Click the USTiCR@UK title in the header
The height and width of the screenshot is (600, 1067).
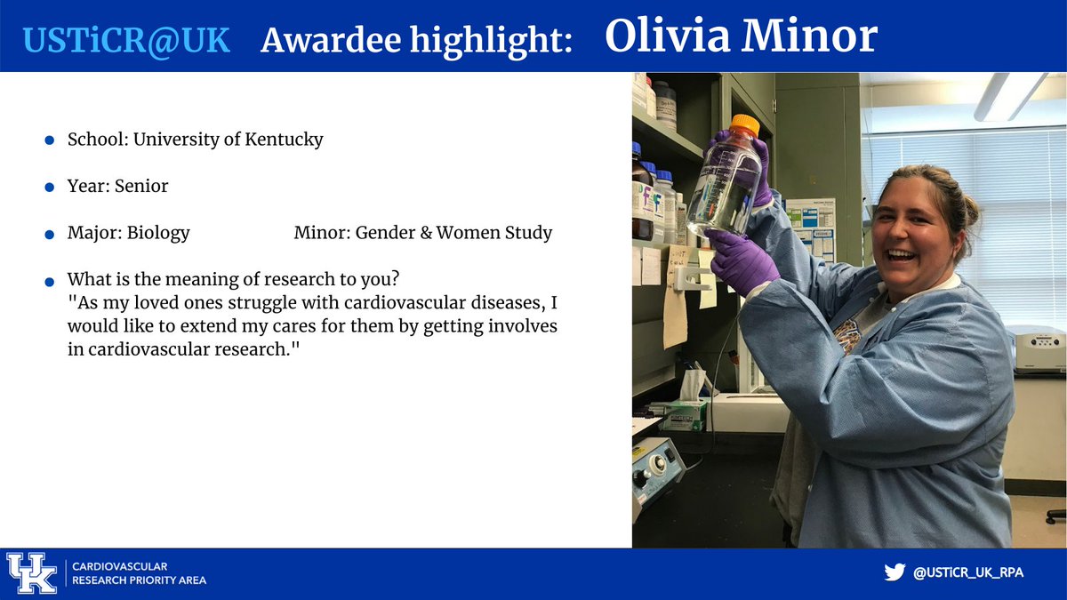pos(126,39)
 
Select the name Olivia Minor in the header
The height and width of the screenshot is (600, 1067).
pos(741,36)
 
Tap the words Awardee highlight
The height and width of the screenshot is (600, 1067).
pos(416,40)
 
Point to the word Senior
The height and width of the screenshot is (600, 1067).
pos(141,186)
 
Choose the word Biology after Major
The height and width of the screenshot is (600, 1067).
pos(158,233)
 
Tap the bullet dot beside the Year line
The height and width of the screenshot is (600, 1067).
pos(50,188)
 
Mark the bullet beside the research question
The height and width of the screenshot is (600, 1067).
pos(50,281)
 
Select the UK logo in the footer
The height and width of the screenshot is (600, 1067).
pos(31,573)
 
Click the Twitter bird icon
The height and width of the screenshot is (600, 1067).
pos(894,572)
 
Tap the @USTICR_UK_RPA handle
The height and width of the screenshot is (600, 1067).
pos(968,573)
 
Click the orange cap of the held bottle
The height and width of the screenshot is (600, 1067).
pos(744,124)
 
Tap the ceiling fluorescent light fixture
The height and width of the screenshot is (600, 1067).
pos(1010,95)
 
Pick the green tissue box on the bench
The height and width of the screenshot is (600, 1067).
pos(686,414)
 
